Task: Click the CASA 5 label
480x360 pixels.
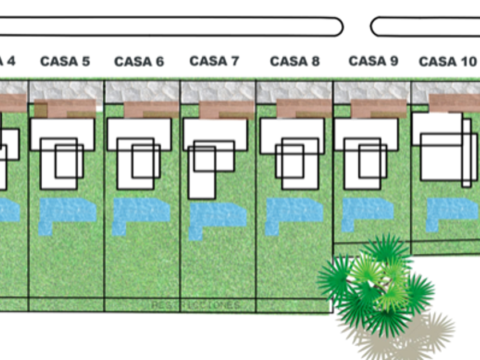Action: pos(65,62)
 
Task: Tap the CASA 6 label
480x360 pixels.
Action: pos(139,62)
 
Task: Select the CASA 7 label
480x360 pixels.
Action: pos(214,61)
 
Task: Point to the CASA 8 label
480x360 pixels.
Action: pos(294,61)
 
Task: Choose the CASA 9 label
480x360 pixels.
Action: pos(373,61)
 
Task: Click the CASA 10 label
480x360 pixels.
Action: pos(447,62)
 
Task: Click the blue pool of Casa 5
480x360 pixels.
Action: pos(65,211)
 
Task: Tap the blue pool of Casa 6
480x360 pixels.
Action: pos(141,211)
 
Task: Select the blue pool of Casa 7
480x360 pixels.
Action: pos(217,215)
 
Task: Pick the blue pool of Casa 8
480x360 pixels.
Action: pos(294,211)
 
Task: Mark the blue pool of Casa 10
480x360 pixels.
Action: pos(451,209)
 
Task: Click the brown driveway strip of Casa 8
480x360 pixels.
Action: pos(303,109)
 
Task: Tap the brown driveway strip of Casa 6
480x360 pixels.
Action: pos(151,110)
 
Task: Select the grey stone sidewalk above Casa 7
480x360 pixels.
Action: pos(218,91)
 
